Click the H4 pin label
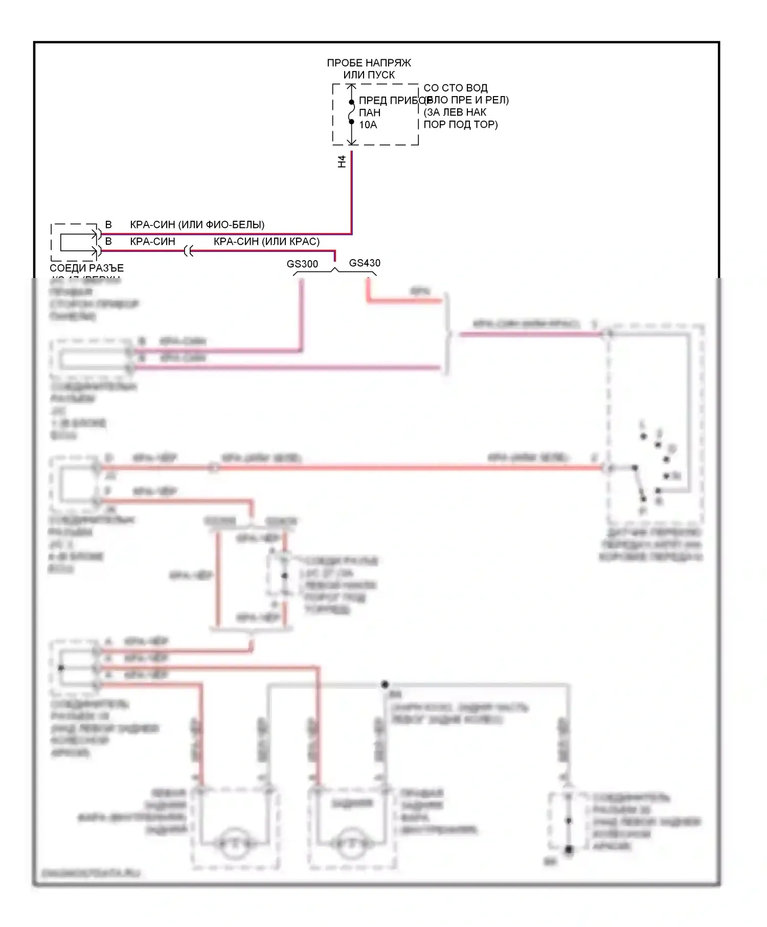342,161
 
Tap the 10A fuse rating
368,125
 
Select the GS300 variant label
302,264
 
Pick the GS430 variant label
365,263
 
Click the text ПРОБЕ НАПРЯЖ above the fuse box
369,63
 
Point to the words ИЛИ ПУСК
369,75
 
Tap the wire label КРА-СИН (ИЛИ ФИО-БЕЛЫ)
197,224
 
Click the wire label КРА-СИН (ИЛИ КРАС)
266,241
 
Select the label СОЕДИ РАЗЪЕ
86,268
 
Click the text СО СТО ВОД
455,88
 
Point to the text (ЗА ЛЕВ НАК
455,112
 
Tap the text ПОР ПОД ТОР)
461,124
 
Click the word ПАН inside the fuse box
369,112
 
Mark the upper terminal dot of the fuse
352,102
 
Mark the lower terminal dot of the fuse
352,122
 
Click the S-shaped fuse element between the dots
352,112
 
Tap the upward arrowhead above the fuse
352,88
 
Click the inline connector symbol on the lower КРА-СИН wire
189,251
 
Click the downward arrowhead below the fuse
352,142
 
